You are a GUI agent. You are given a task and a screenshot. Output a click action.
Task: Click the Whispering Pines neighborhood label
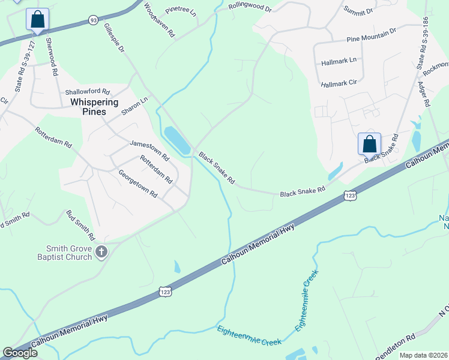click(88, 107)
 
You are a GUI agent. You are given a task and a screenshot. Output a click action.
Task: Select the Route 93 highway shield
click(93, 20)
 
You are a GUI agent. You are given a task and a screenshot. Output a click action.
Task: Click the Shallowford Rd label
click(88, 92)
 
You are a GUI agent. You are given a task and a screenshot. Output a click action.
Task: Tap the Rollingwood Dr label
click(250, 9)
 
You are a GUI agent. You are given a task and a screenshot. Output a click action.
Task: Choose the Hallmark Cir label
click(338, 83)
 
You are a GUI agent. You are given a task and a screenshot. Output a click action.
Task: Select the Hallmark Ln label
click(339, 60)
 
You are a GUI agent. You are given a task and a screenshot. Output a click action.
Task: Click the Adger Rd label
click(423, 94)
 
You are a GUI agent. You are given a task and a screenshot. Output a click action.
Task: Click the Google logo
click(20, 353)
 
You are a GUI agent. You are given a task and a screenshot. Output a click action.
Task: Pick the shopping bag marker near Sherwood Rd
click(38, 20)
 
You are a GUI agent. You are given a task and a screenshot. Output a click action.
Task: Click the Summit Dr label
click(360, 10)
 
